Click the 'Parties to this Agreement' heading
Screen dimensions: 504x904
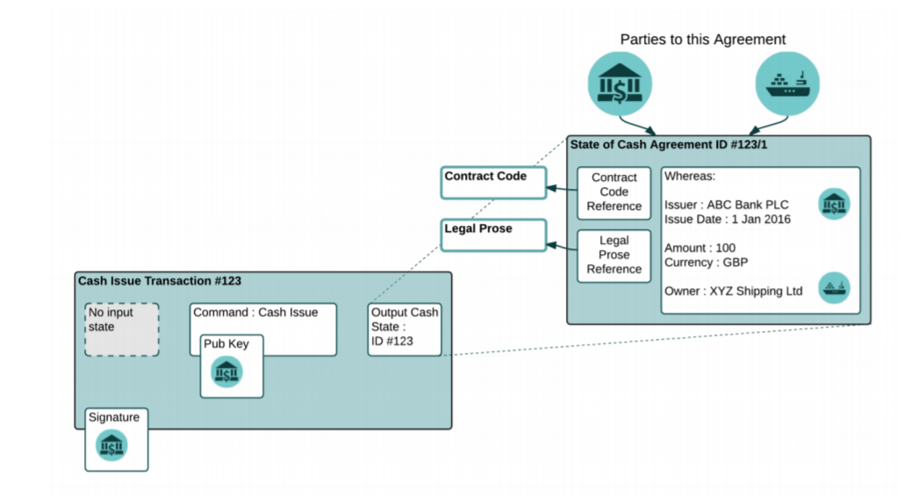click(703, 40)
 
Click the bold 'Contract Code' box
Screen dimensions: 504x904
click(493, 183)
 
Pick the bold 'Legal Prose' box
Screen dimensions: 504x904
click(493, 234)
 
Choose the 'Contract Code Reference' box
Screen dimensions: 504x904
click(614, 192)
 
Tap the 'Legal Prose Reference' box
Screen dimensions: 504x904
click(614, 256)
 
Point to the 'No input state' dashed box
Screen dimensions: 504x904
click(122, 329)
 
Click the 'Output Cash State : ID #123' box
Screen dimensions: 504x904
click(404, 329)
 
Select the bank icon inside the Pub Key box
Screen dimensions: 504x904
click(226, 372)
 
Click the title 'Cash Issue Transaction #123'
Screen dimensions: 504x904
click(160, 282)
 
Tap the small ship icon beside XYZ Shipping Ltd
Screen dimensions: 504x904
click(834, 288)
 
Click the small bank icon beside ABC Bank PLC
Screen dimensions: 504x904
click(834, 204)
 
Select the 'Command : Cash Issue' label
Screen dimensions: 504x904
click(255, 312)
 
